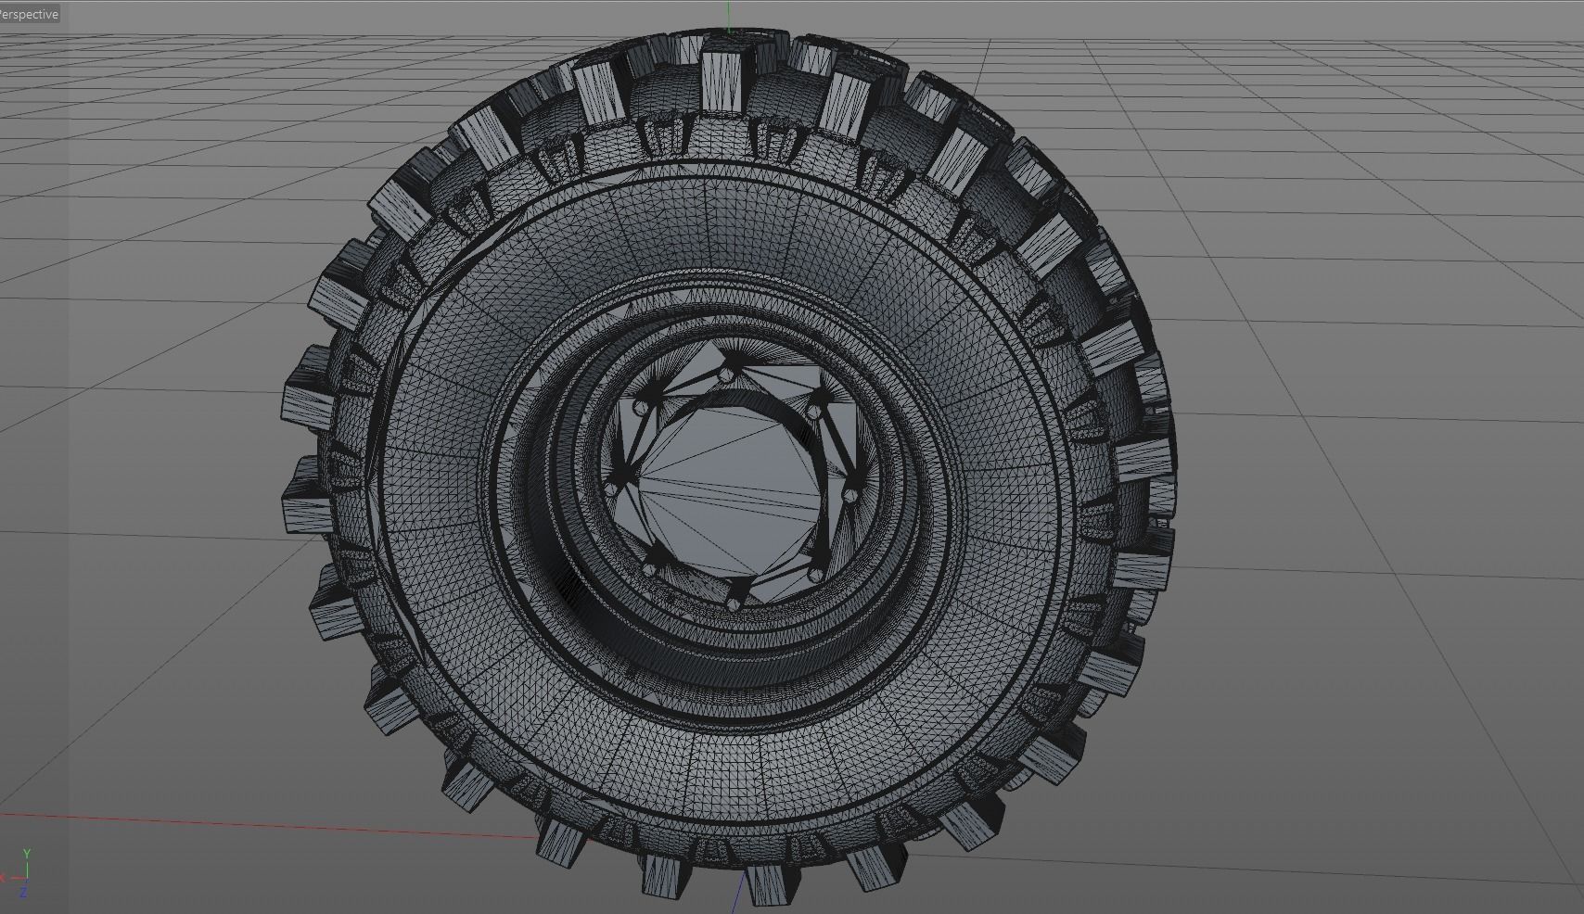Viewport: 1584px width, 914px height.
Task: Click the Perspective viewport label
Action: tap(30, 14)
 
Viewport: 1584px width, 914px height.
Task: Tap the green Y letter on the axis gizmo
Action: tap(27, 854)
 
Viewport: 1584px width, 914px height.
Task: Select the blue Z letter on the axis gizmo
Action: tap(23, 893)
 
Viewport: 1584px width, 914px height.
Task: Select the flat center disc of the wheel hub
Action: tap(733, 482)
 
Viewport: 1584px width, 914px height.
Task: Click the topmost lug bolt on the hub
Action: tap(725, 374)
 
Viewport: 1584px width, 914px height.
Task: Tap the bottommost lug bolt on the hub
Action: tap(734, 603)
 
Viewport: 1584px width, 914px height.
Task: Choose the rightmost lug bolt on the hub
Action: tap(849, 497)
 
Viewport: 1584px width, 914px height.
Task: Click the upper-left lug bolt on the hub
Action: tap(639, 408)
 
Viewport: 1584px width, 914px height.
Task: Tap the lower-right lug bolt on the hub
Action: tap(816, 575)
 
